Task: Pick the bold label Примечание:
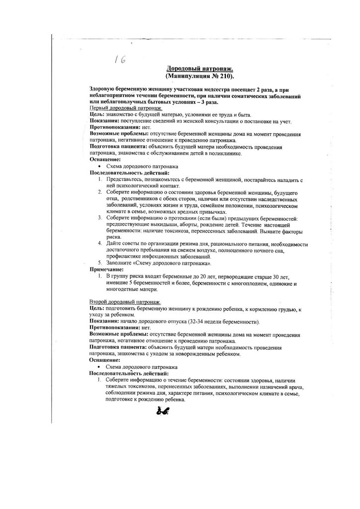[x=106, y=269]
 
